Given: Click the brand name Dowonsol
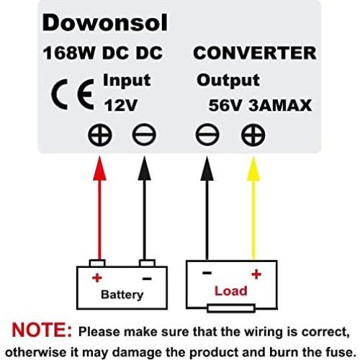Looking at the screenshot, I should coord(104,23).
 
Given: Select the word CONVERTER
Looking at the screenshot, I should coord(254,53).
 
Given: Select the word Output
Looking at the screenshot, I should coord(228,79).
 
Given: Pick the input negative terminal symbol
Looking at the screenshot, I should coord(143,134).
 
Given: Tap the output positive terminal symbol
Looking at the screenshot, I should coord(253,134).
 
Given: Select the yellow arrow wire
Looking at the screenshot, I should coord(253,209).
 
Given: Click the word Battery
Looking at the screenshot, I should coord(122,294).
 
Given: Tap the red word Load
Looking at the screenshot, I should coord(230,291).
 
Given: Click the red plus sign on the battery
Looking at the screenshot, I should coord(94,277).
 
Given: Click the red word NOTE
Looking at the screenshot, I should coord(39,332).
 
